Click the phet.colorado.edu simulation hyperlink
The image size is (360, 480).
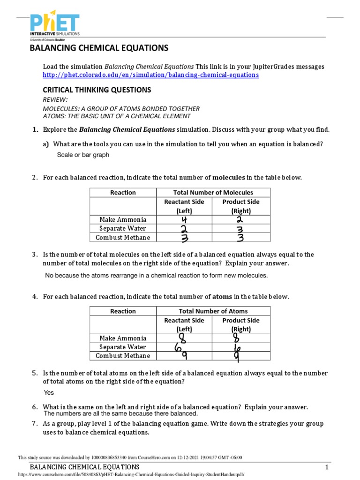tap(150, 75)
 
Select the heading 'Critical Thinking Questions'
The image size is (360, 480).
tap(97, 90)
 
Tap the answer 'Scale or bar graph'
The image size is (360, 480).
tap(83, 155)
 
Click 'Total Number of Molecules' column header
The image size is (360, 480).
tap(213, 192)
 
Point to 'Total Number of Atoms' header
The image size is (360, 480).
tap(213, 311)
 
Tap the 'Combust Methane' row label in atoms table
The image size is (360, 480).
tap(123, 356)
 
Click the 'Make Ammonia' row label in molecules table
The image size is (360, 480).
tap(123, 219)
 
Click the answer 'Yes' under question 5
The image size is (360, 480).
tap(49, 393)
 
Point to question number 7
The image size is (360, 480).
tap(35, 423)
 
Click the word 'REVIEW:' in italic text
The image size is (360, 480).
tap(55, 100)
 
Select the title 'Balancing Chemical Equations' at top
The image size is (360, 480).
tap(98, 48)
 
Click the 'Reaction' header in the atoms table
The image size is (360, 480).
tap(123, 311)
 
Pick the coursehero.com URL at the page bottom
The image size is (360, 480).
tap(131, 474)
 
